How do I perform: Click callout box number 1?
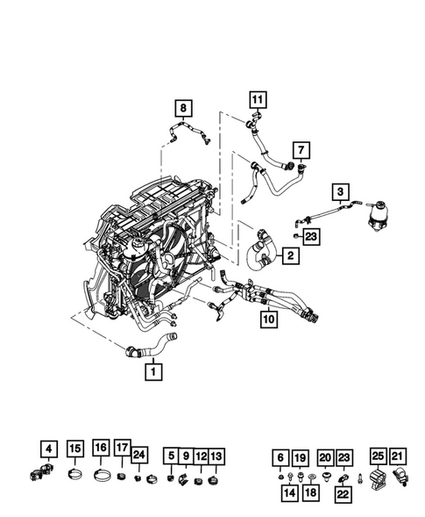point(154,372)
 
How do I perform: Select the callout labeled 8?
point(182,110)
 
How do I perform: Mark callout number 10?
point(268,320)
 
